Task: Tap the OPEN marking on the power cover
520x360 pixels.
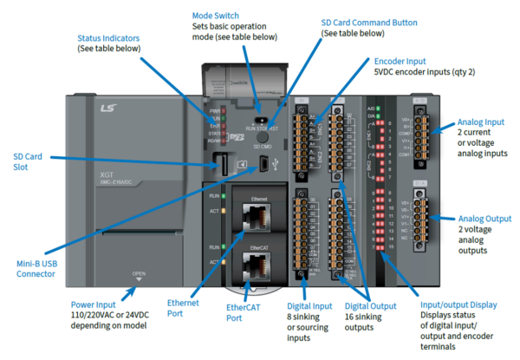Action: pyautogui.click(x=138, y=274)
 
